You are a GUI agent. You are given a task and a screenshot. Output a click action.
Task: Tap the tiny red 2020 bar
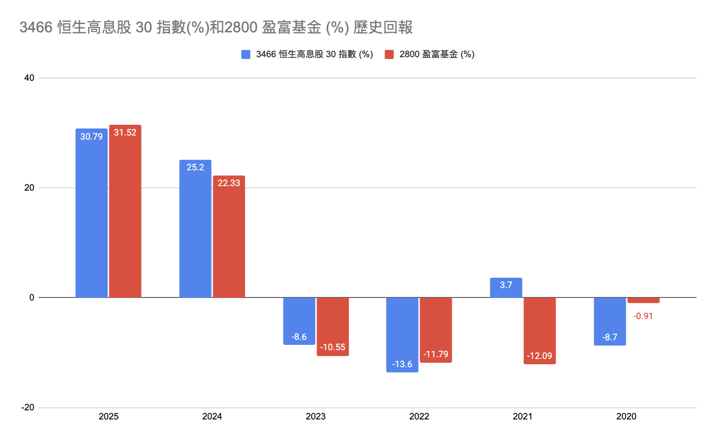(x=643, y=300)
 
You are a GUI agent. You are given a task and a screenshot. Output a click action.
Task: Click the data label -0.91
(x=643, y=316)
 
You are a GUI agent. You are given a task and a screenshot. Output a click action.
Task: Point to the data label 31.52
(x=125, y=133)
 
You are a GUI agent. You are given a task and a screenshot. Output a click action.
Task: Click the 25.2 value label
(x=195, y=167)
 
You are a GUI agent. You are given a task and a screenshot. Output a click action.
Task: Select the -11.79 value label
(x=435, y=354)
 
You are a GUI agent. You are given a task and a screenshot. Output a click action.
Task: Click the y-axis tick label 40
(x=29, y=78)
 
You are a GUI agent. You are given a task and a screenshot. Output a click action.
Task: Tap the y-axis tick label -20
(x=28, y=407)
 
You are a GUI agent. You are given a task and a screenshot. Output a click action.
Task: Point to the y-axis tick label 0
(x=32, y=298)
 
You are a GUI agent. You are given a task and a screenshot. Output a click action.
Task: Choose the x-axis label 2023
(x=315, y=417)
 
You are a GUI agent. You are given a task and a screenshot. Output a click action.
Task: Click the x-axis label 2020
(x=626, y=417)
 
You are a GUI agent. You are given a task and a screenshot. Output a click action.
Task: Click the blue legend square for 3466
(x=246, y=54)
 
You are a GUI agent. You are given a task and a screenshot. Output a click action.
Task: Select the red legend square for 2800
(x=389, y=54)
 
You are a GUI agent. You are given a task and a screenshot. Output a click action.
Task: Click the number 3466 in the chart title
(x=36, y=27)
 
